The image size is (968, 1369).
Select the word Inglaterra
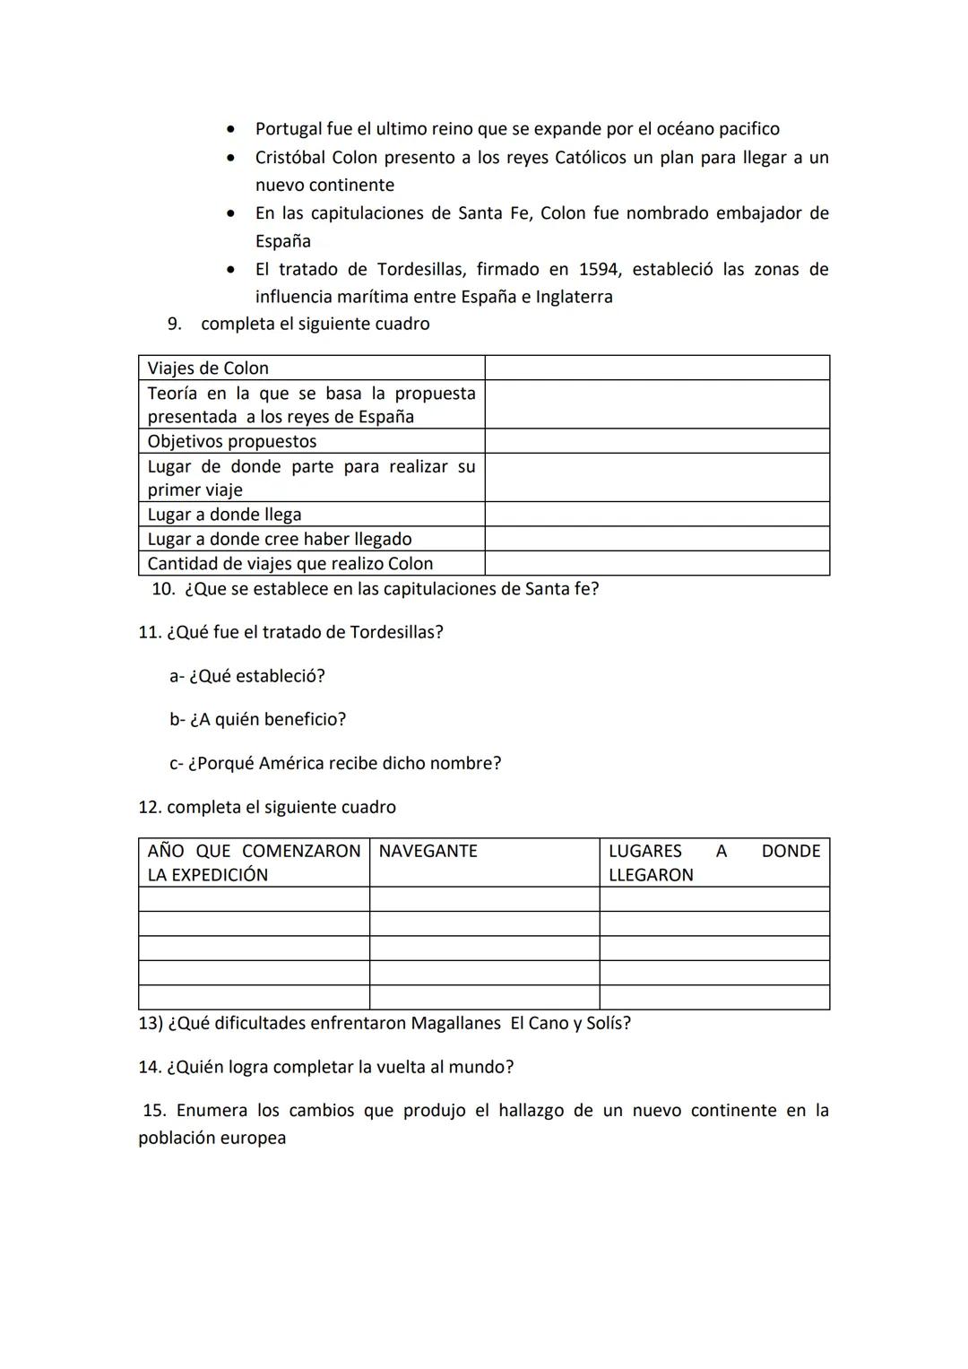(574, 297)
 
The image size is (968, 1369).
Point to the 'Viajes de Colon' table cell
(208, 368)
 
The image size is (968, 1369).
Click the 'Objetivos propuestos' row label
(232, 441)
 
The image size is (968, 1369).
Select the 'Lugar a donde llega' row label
(224, 515)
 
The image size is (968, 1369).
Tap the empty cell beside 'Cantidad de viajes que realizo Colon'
(656, 563)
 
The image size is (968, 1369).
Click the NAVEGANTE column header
(428, 851)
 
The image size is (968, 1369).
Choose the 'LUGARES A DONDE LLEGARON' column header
(713, 862)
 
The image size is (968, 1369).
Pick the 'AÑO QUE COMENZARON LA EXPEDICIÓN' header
(254, 862)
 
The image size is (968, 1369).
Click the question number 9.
(174, 324)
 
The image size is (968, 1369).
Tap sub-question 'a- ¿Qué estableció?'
(247, 676)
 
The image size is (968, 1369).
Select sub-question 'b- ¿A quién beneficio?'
(257, 720)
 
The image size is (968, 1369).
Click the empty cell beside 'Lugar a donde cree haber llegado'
(656, 539)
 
